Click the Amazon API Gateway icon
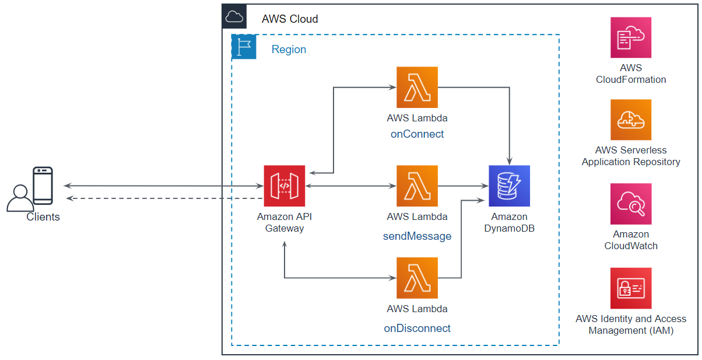tap(285, 186)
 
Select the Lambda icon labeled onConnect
tap(417, 87)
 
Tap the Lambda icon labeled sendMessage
tap(417, 186)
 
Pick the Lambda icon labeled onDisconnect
tap(417, 278)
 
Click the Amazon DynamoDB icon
tap(509, 186)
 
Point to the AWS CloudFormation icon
tap(631, 37)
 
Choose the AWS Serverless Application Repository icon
tap(631, 120)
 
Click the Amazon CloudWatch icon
tap(631, 204)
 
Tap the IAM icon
tap(631, 288)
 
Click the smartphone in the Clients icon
tap(43, 186)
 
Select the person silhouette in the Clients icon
tap(20, 198)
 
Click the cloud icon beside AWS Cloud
tap(234, 17)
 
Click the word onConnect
tap(417, 134)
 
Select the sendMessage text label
tap(417, 236)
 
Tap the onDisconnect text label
tap(417, 328)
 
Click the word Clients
tap(43, 217)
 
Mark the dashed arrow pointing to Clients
tap(163, 199)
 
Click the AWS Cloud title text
tap(290, 19)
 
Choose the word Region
tap(289, 50)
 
